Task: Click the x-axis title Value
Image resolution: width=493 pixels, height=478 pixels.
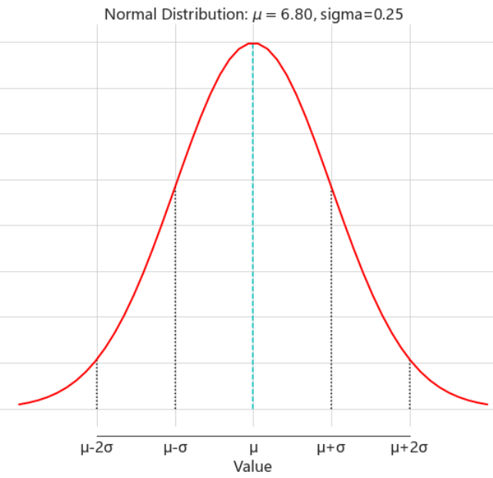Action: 253,466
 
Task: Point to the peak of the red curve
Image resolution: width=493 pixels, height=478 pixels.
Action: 253,43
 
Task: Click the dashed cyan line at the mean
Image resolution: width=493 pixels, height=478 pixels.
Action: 253,231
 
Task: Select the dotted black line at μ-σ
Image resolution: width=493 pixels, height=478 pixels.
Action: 175,300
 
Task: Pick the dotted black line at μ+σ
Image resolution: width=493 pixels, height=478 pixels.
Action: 331,300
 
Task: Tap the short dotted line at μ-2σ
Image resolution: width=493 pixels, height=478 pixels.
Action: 97,385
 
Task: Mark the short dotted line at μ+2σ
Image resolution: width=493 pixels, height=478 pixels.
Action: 409,385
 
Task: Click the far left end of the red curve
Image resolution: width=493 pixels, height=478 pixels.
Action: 18,403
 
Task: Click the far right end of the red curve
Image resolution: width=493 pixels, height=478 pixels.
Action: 488,403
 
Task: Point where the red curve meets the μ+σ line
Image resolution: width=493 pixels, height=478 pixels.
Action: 331,189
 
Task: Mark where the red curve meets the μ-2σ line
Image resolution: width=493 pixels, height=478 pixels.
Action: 97,359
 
